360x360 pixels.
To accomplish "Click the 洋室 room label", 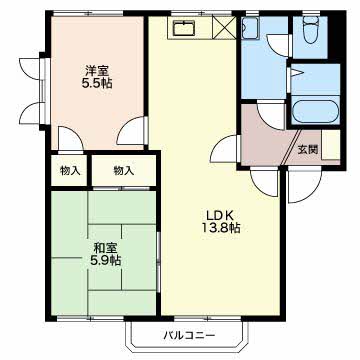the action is point(97,71).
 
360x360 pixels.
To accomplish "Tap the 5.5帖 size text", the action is point(97,84).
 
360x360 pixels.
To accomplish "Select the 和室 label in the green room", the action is point(105,248).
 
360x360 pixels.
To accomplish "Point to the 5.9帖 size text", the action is point(105,260).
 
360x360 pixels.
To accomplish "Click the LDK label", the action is point(220,214).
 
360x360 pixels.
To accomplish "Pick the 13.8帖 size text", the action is point(220,227).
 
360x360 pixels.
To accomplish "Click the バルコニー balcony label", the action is point(189,335).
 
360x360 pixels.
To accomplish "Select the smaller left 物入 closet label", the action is point(70,171).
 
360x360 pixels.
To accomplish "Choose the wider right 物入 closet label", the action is point(124,171).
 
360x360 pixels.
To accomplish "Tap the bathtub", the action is point(315,112).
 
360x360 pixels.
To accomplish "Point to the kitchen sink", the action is point(184,28).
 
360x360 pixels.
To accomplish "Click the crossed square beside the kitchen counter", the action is point(224,27).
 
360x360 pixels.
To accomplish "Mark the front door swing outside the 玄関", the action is point(304,185).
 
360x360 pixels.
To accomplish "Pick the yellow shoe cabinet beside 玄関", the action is point(331,145).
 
